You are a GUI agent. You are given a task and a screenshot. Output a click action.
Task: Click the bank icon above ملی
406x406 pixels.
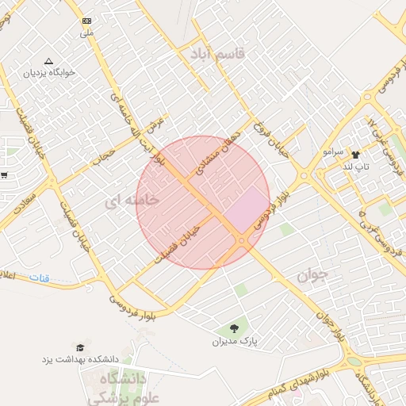click(x=86, y=21)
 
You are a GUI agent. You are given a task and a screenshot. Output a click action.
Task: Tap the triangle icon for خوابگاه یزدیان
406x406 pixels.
click(x=49, y=60)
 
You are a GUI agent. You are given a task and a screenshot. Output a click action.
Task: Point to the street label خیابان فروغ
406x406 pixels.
click(x=268, y=136)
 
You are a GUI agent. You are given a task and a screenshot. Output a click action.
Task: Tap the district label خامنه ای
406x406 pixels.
click(x=132, y=201)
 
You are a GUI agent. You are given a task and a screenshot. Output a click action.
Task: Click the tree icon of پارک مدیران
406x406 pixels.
click(x=234, y=328)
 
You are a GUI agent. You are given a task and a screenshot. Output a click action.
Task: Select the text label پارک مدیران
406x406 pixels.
click(x=235, y=343)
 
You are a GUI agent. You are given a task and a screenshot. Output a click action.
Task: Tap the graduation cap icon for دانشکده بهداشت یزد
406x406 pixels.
click(x=79, y=347)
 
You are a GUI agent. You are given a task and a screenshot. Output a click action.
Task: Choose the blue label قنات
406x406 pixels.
click(x=39, y=278)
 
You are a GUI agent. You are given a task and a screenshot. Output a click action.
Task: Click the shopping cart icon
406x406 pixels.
click(x=5, y=174)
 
